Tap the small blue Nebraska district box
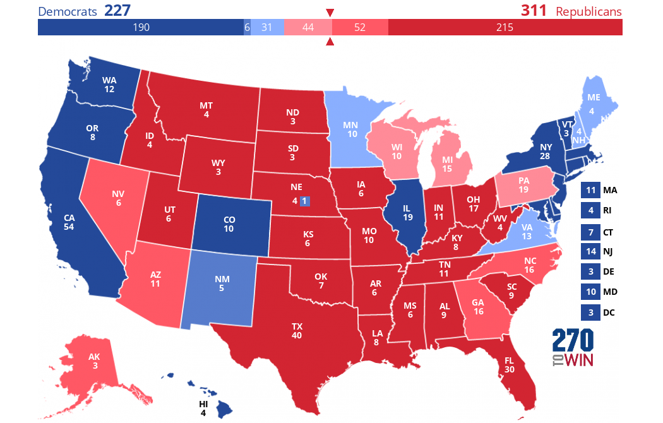[304, 201]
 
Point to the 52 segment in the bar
[360, 27]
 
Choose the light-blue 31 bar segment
[266, 27]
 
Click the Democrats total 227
[122, 11]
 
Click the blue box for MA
[590, 190]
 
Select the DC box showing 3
[590, 312]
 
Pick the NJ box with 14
[590, 251]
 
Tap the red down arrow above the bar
[330, 13]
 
